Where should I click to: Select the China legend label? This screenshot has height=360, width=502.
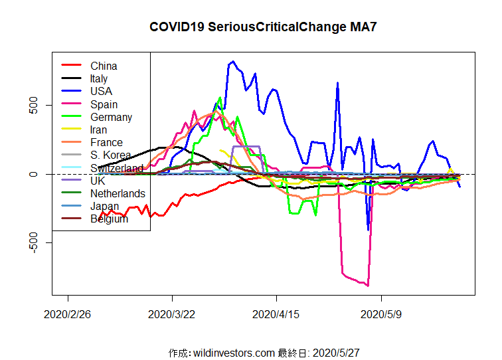tap(104, 66)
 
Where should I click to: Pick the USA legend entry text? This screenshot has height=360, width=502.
tap(101, 91)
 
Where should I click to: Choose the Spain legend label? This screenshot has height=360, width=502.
tap(104, 104)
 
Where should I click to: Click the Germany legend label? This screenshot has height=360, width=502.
tap(111, 117)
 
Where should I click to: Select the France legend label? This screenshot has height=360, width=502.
tap(106, 142)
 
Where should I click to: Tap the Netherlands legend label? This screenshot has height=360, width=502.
tap(118, 193)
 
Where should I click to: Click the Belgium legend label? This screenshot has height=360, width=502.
tap(109, 219)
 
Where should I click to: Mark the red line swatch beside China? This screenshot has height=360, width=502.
tap(71, 66)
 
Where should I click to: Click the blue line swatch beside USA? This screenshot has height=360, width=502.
tap(71, 91)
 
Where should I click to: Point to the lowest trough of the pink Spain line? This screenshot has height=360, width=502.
tap(367, 285)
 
